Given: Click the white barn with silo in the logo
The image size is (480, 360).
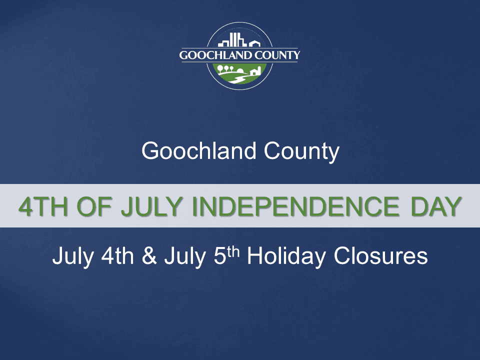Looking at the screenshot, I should [x=255, y=71].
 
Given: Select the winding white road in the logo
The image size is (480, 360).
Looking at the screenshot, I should [x=239, y=79].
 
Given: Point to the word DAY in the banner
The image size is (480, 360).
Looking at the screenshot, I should [x=432, y=206].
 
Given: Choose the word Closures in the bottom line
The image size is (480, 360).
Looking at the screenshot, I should [x=381, y=256].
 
